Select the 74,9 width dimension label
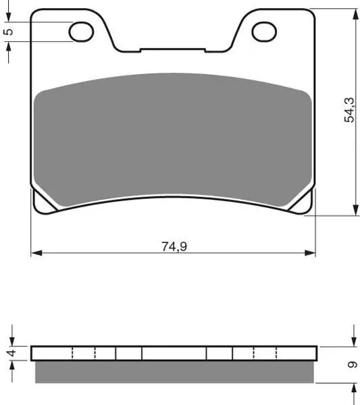pos(174,246)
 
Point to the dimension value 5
pos(9,32)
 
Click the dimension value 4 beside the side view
pos(12,353)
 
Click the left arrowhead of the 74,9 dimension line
pos(36,253)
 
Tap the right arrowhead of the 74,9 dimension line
pos(310,253)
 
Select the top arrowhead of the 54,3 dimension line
pos(355,14)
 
